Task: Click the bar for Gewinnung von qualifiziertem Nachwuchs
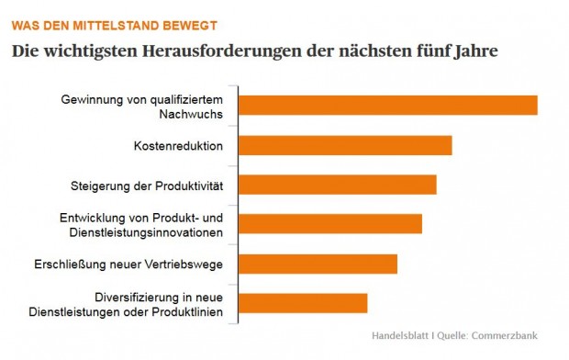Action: click(389, 106)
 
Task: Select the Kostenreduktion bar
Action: click(347, 145)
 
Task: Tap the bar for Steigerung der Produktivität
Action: click(339, 185)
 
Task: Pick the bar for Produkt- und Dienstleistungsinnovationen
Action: click(331, 224)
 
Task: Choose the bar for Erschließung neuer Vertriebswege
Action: click(319, 264)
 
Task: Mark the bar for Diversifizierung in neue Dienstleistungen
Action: click(305, 303)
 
